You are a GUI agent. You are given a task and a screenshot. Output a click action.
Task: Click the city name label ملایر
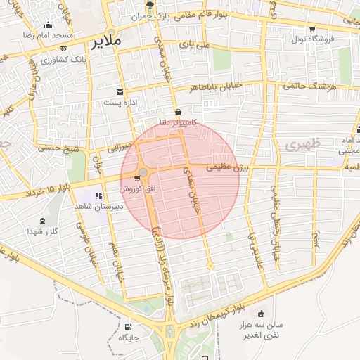pos(106,42)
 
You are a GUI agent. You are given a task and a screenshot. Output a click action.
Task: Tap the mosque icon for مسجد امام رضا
pos(48,25)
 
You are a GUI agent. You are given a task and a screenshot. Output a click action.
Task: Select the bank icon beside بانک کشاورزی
pos(64,49)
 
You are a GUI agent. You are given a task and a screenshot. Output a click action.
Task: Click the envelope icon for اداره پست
pos(120,91)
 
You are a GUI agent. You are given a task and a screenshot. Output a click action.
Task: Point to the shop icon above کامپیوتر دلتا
pos(178,111)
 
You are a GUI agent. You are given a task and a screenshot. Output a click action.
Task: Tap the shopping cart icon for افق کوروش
pos(136,179)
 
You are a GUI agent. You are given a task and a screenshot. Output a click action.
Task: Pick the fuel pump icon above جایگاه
pos(127,327)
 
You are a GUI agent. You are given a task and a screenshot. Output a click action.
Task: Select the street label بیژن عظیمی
pos(228,167)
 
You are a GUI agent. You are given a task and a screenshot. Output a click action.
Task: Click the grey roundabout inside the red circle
pos(143,172)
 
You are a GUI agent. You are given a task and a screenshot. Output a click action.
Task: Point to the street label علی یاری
pos(195,44)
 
